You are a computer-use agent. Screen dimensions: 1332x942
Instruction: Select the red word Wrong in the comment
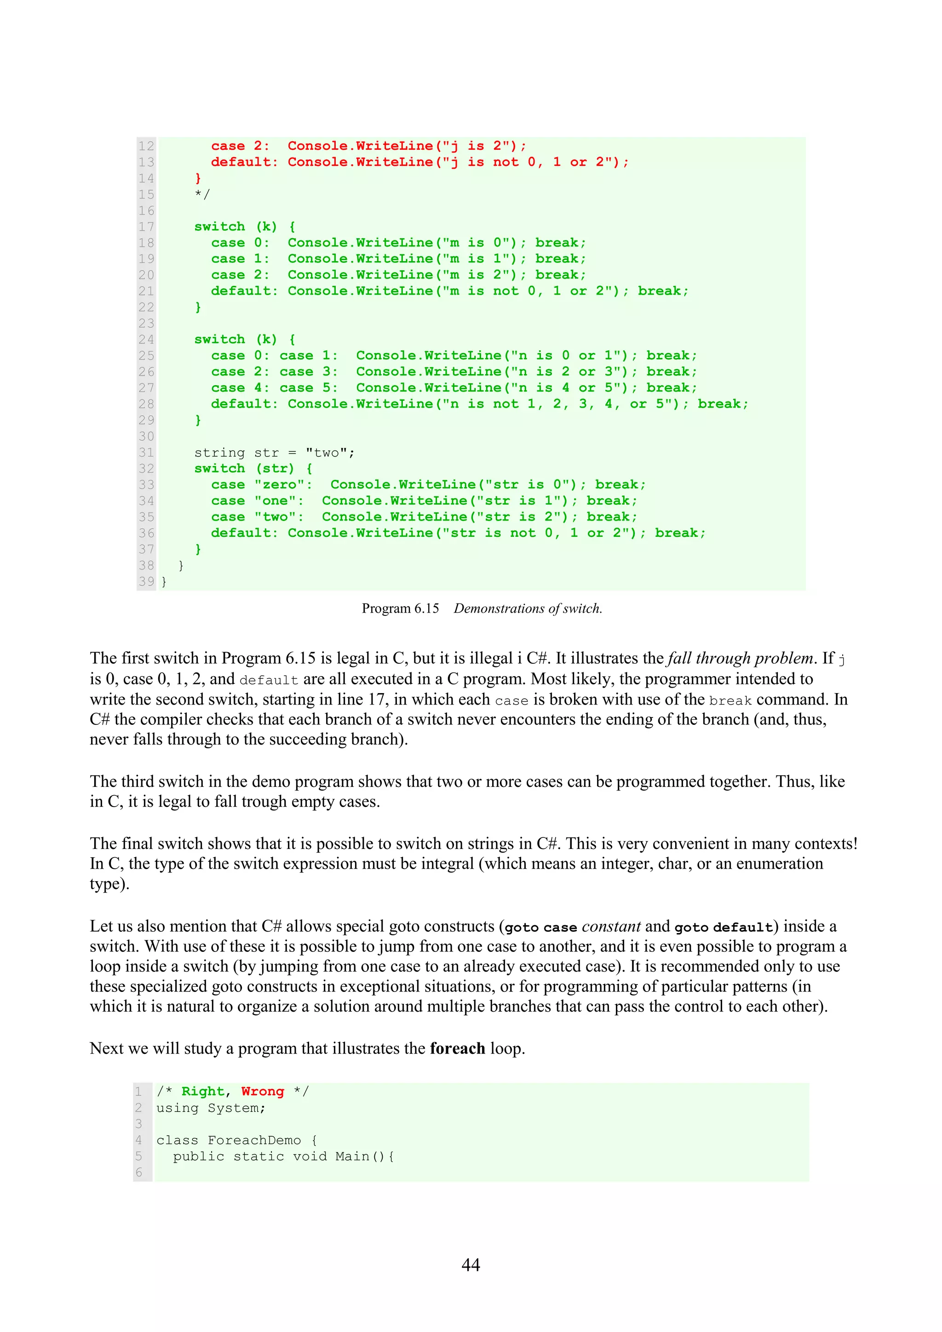click(x=262, y=1091)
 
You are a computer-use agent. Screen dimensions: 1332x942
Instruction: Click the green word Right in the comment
click(x=202, y=1091)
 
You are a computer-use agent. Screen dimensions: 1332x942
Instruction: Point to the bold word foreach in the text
click(x=457, y=1048)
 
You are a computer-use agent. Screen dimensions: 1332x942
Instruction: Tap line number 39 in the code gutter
click(x=146, y=581)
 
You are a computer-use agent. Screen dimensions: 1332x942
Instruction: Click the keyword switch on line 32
click(x=219, y=468)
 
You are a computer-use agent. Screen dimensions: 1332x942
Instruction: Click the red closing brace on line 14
click(x=198, y=178)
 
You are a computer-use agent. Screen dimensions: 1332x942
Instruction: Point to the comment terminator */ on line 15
click(x=202, y=194)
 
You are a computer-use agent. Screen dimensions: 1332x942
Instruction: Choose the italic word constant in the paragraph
click(x=611, y=927)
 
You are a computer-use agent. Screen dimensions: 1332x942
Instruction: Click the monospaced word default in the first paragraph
click(x=269, y=680)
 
